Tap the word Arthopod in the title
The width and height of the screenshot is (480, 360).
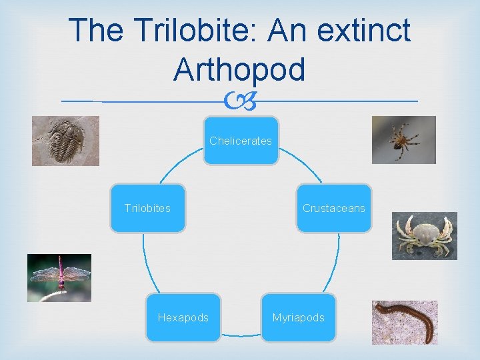[239, 69]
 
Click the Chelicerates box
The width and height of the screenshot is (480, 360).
[241, 141]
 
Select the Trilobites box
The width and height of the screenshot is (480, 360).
[147, 208]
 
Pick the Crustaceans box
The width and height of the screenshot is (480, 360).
[333, 208]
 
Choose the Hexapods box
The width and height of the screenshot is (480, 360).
[183, 317]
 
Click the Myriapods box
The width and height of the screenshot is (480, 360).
[298, 317]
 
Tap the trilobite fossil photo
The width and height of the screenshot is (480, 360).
[65, 141]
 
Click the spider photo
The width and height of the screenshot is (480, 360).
[403, 140]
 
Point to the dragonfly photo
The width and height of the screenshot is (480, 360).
[59, 278]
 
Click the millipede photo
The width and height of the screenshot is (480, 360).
[405, 322]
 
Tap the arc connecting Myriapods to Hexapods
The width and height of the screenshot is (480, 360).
[241, 334]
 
